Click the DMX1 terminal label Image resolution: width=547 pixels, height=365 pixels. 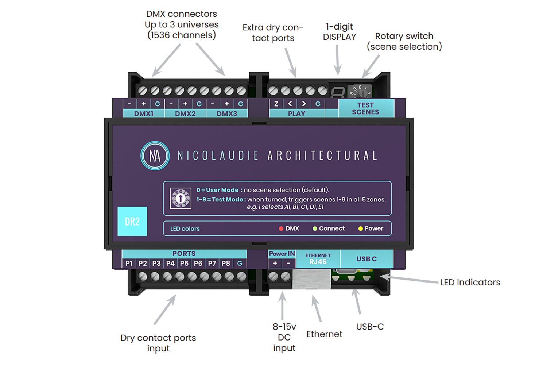click(x=144, y=114)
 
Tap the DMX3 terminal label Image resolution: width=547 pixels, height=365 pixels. click(x=226, y=114)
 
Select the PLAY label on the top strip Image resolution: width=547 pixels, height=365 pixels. click(x=296, y=114)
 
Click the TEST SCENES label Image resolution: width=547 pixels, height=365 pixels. click(x=365, y=108)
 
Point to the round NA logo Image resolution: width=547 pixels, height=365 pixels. click(x=155, y=156)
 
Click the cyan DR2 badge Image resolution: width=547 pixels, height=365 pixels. click(x=132, y=222)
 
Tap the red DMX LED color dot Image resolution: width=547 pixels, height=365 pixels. click(x=281, y=228)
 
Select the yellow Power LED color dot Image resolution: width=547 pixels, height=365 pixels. click(x=360, y=228)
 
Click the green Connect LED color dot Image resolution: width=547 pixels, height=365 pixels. click(x=315, y=228)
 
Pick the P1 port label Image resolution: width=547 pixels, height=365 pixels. click(x=129, y=263)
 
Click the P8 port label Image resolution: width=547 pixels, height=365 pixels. click(x=226, y=263)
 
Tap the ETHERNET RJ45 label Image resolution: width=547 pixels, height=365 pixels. click(x=318, y=259)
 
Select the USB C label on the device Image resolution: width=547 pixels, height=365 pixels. click(x=366, y=259)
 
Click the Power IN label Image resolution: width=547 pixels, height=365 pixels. click(x=282, y=254)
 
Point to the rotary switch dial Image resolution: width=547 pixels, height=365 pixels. click(x=360, y=91)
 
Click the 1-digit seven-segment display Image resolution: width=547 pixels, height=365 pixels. click(x=338, y=92)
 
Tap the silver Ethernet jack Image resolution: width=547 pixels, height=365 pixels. click(x=311, y=279)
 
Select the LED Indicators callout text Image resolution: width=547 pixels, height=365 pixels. click(x=470, y=282)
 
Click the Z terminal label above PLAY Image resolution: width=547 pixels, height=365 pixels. click(x=276, y=104)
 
